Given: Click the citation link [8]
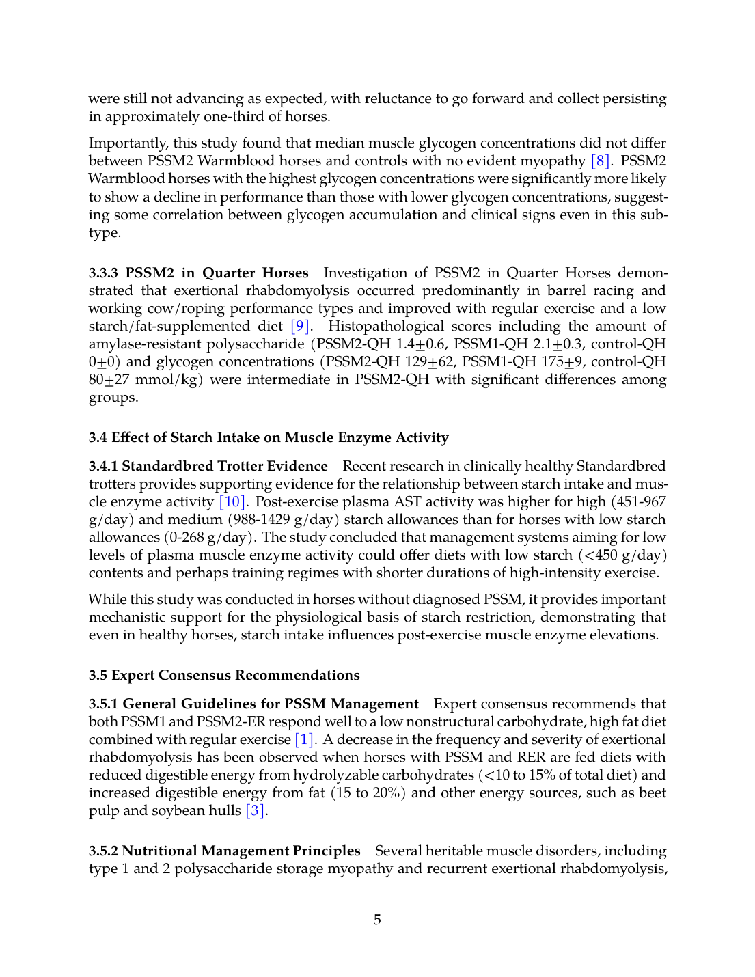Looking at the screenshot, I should point(599,161).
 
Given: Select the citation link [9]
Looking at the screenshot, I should point(300,327).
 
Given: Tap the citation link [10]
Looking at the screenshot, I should point(232,502).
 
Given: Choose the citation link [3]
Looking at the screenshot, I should point(255,811).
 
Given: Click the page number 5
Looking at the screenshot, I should point(377,920).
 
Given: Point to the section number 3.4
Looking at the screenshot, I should point(98,438).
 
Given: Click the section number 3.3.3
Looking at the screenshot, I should point(103,273).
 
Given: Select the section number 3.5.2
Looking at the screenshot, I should point(103,851).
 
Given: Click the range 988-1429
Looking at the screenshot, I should point(258,520).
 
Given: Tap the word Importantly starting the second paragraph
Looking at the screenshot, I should point(128,143).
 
